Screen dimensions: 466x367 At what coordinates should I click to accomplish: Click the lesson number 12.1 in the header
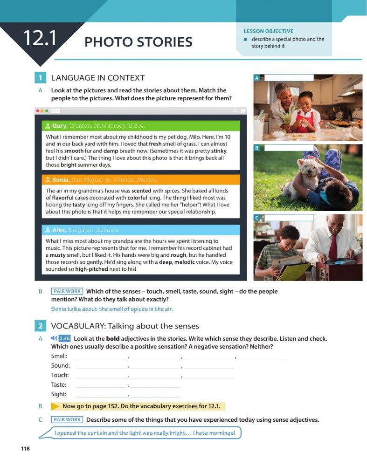(x=40, y=38)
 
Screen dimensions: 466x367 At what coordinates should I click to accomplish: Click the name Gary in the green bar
(x=59, y=126)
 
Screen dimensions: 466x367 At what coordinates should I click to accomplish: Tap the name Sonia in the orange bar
(x=60, y=180)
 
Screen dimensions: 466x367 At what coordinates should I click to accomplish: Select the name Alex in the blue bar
(x=59, y=230)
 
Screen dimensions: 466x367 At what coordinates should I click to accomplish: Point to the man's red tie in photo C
(x=332, y=247)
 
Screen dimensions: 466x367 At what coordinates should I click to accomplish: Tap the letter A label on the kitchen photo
(x=256, y=78)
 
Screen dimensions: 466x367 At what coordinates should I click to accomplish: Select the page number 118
(x=25, y=448)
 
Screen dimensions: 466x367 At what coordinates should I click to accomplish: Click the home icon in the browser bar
(x=242, y=111)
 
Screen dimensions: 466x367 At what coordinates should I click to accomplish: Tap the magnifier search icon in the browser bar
(x=235, y=111)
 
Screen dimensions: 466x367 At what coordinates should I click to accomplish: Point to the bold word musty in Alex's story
(x=58, y=255)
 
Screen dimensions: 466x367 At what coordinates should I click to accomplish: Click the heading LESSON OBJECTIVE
(x=268, y=31)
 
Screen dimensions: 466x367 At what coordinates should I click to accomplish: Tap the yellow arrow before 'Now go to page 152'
(x=55, y=406)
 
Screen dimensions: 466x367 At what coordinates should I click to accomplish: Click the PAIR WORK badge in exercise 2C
(x=67, y=419)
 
